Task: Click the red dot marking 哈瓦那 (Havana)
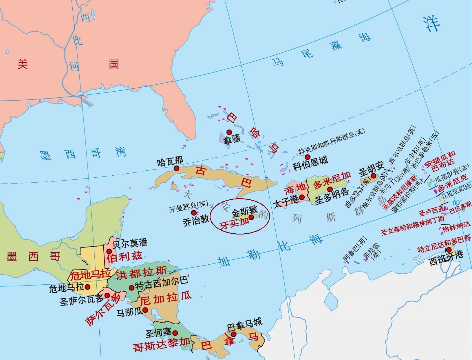pyautogui.click(x=176, y=168)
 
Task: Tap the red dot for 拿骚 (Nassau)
pyautogui.click(x=229, y=132)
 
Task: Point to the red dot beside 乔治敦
pyautogui.click(x=194, y=213)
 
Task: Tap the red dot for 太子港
pyautogui.click(x=302, y=197)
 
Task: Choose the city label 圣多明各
pyautogui.click(x=332, y=197)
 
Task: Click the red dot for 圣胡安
pyautogui.click(x=374, y=176)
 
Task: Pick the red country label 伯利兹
pyautogui.click(x=125, y=256)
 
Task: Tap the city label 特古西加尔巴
pyautogui.click(x=161, y=283)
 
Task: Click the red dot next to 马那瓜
pyautogui.click(x=145, y=310)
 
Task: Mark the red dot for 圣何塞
pyautogui.click(x=175, y=333)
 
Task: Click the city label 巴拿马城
pyautogui.click(x=244, y=324)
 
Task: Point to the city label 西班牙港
pyautogui.click(x=446, y=258)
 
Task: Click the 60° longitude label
pyautogui.click(x=457, y=202)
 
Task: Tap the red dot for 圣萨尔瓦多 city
pyautogui.click(x=107, y=295)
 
